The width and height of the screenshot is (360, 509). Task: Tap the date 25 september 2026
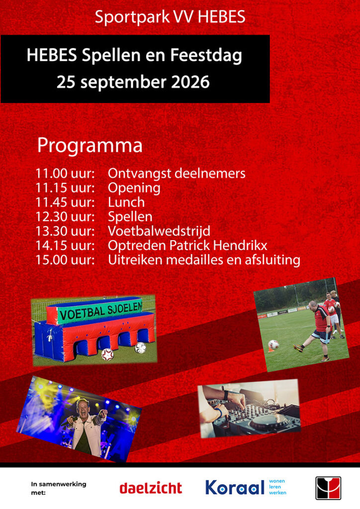(x=133, y=82)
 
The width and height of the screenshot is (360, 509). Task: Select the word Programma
(x=90, y=146)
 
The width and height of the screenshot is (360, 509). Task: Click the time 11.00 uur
(x=65, y=173)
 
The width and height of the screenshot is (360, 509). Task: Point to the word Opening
(x=134, y=188)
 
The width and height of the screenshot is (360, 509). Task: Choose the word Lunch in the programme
(x=126, y=202)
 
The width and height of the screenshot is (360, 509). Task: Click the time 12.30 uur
(x=65, y=217)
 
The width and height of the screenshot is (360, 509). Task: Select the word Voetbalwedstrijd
(x=159, y=231)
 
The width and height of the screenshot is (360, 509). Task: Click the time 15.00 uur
(x=65, y=259)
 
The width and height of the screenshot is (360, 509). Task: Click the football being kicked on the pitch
(x=273, y=344)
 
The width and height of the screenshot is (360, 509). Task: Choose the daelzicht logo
(x=151, y=488)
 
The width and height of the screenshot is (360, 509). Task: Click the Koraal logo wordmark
(x=235, y=487)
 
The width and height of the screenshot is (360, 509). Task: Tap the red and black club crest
(x=328, y=488)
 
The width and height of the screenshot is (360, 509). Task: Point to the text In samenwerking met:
(x=59, y=488)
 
